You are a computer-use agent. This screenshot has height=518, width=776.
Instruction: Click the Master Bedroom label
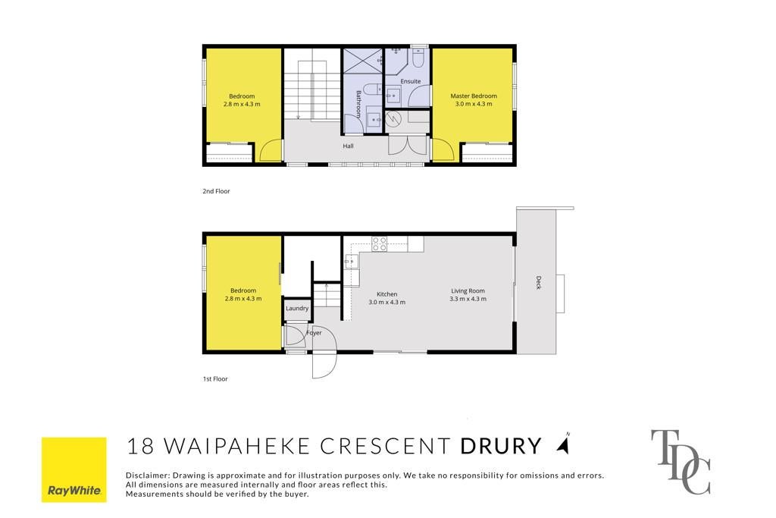(x=474, y=96)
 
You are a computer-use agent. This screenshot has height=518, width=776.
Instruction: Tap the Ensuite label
(x=410, y=81)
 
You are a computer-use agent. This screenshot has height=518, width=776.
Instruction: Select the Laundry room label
(x=297, y=308)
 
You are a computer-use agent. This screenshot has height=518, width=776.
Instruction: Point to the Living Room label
(x=468, y=291)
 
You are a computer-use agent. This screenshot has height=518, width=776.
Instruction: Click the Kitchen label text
(x=387, y=294)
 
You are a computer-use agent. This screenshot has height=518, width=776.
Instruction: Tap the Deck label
(x=539, y=282)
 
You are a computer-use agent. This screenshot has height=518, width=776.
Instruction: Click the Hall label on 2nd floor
(x=348, y=146)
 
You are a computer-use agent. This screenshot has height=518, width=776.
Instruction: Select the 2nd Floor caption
(x=216, y=191)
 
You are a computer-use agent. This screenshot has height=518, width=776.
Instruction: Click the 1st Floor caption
(x=215, y=379)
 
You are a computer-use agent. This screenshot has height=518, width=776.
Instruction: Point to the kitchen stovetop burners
(x=380, y=243)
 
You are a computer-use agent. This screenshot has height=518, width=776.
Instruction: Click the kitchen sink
(x=352, y=260)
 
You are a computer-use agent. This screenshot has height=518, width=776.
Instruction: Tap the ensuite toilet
(x=418, y=58)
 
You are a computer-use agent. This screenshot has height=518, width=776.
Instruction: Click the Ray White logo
(x=74, y=469)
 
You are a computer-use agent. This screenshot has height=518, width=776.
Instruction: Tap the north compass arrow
(x=563, y=444)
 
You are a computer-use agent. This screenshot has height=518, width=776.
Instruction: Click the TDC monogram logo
(x=681, y=462)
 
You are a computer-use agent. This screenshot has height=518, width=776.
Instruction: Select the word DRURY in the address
(x=501, y=446)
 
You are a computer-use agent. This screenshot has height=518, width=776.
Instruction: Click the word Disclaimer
(x=147, y=476)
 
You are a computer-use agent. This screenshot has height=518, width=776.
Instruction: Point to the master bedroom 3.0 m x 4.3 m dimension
(x=474, y=104)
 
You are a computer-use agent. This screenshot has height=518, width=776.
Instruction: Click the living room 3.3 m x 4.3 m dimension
(x=468, y=299)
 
